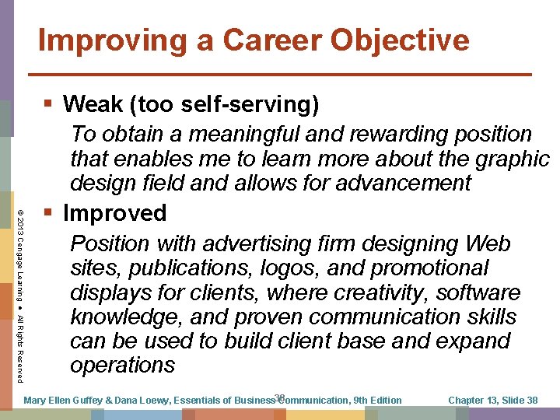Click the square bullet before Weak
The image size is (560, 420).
49,103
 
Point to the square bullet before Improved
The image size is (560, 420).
49,212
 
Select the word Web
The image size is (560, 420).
485,243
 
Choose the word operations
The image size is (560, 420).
123,365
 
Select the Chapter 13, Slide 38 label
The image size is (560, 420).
493,401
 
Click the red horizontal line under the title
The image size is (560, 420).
280,74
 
